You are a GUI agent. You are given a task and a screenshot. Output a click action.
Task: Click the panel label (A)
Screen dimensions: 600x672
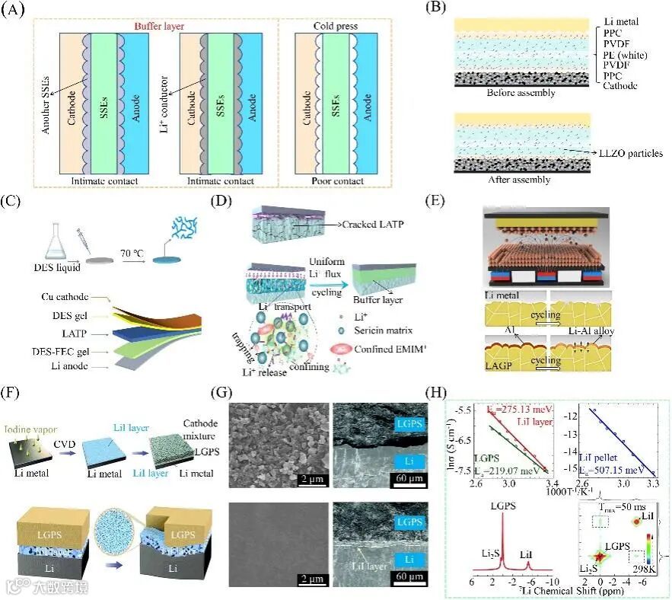pos(18,10)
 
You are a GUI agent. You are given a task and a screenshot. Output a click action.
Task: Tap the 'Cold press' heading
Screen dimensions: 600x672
pos(334,24)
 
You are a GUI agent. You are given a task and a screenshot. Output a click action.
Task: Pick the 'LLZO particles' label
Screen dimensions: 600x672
pos(629,153)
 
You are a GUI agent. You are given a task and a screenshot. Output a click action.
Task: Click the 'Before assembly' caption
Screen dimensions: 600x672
pos(521,93)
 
